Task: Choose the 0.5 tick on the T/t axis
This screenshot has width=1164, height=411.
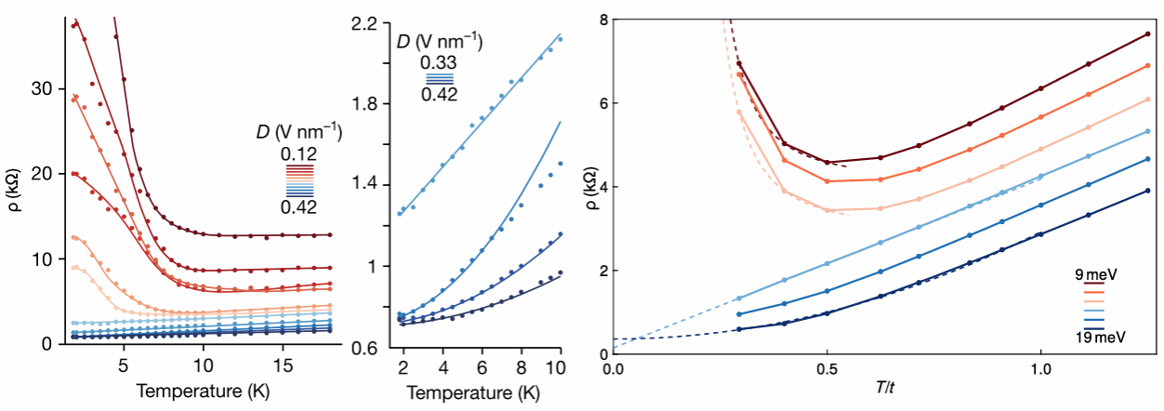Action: (x=827, y=370)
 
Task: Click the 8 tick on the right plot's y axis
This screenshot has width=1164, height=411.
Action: (x=602, y=20)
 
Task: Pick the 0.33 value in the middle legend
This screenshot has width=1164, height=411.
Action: (x=438, y=62)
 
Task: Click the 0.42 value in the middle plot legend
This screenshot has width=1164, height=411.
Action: (x=438, y=94)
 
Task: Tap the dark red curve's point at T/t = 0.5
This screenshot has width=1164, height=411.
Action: (x=827, y=163)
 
